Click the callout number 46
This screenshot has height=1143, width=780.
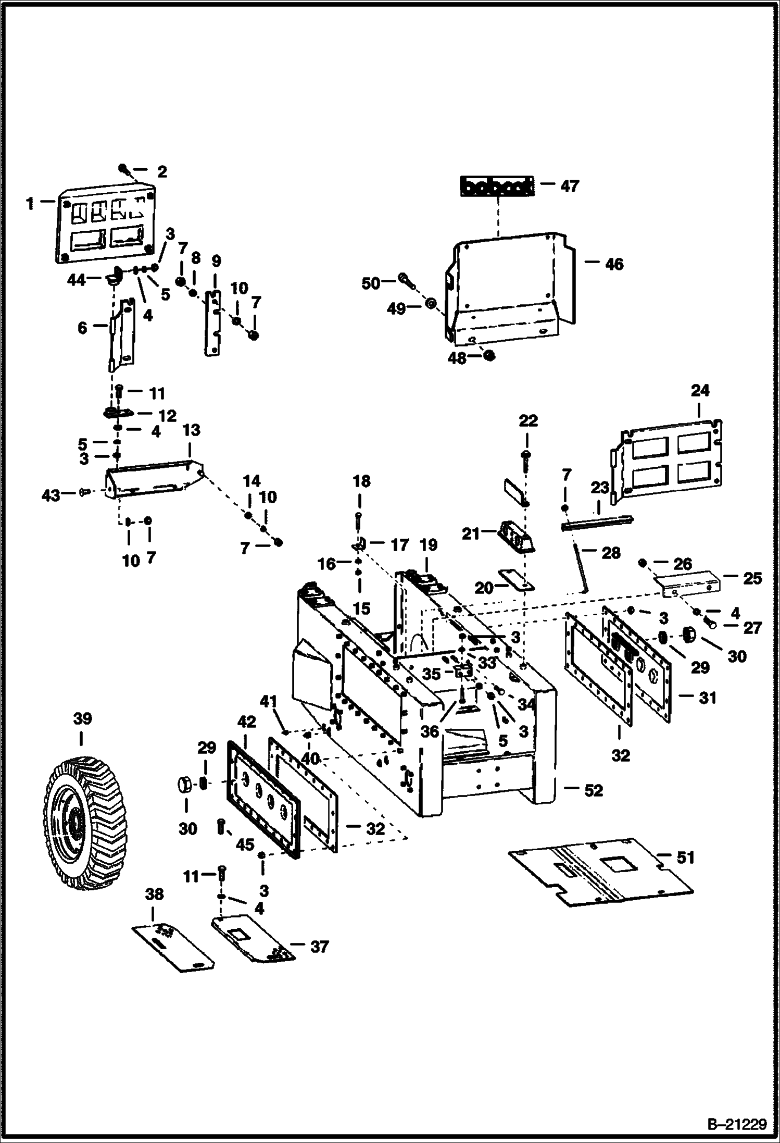614,264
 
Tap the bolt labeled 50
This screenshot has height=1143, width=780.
407,280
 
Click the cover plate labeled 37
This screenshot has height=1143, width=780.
253,939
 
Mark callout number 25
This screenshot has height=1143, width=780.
752,578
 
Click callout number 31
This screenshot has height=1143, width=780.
707,698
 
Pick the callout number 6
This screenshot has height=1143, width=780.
82,328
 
